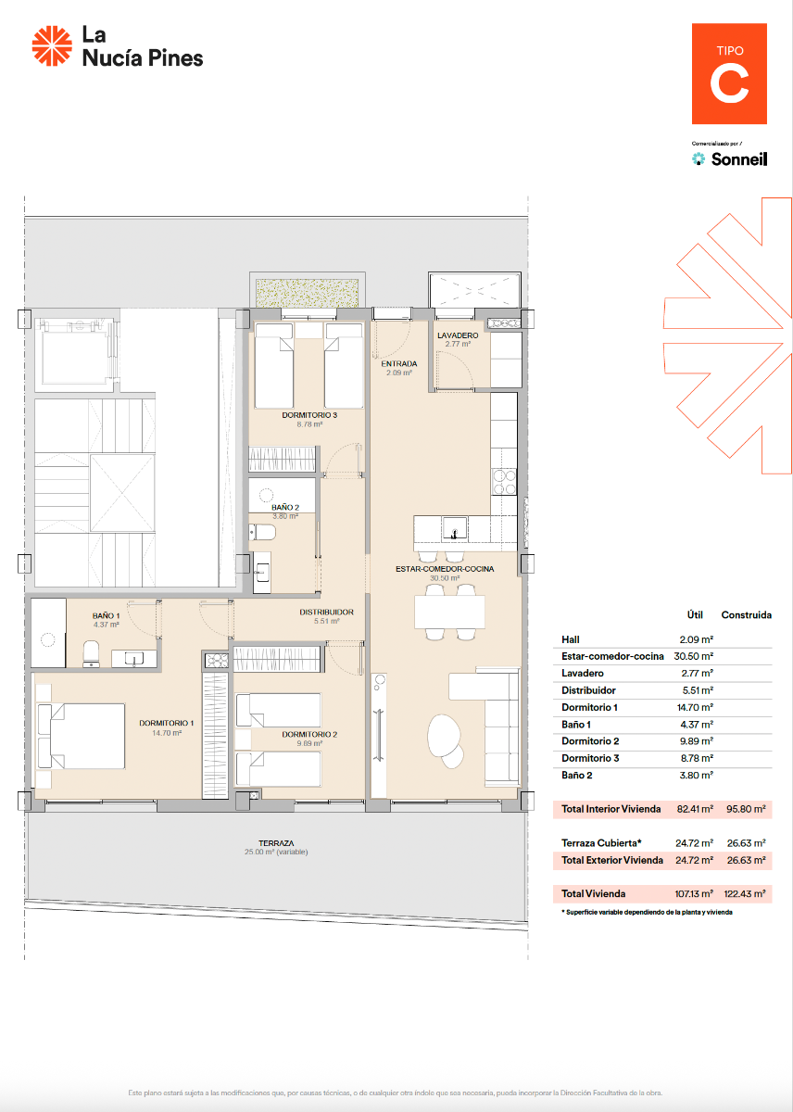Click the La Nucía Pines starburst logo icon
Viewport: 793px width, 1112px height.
(52, 47)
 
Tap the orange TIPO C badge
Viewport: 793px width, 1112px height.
(729, 73)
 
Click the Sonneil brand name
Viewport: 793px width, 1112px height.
(738, 159)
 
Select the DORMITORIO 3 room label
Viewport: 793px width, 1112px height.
(308, 415)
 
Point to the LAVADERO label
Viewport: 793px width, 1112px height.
(458, 335)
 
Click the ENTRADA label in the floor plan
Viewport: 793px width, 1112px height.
(398, 363)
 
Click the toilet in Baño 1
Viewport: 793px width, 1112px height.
(92, 653)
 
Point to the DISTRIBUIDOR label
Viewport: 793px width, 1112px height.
(326, 612)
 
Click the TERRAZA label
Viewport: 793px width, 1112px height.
(276, 842)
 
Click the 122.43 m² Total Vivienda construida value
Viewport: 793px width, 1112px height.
(746, 894)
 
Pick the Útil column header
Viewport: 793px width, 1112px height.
(696, 614)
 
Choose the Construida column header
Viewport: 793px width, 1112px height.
(746, 614)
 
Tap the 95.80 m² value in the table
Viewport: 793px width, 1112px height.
(746, 809)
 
